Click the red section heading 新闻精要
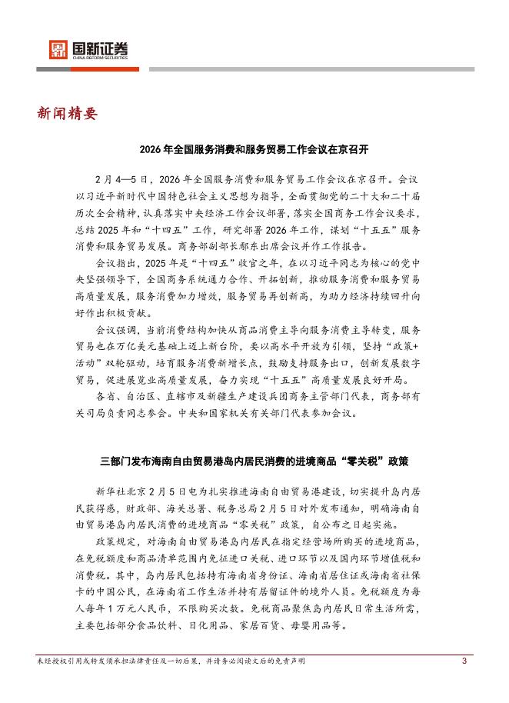click(x=68, y=115)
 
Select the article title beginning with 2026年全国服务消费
click(x=254, y=148)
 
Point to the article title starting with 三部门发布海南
click(x=254, y=462)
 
